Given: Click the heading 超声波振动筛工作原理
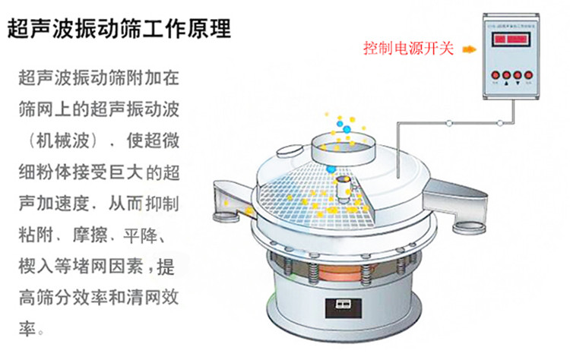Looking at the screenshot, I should [119, 30].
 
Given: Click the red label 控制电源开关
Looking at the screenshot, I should [408, 49].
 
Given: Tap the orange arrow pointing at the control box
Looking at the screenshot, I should [469, 49].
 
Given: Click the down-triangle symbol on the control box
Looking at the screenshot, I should [518, 86].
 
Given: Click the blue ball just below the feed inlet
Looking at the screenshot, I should [331, 169].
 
